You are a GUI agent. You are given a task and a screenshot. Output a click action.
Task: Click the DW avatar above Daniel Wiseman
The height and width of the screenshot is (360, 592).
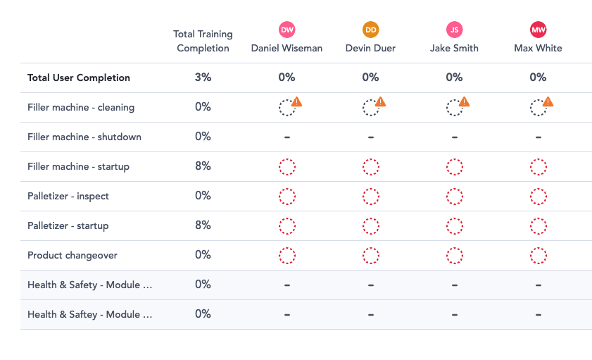pyautogui.click(x=286, y=30)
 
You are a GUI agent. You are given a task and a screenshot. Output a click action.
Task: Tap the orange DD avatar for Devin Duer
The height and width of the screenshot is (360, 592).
pyautogui.click(x=371, y=30)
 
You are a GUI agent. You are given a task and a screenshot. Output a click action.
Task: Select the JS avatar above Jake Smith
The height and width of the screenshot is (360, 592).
pyautogui.click(x=455, y=30)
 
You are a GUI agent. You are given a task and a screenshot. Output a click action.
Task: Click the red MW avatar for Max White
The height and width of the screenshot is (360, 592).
pyautogui.click(x=539, y=30)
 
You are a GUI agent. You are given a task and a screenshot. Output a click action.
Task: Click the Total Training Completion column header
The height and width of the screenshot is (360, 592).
pyautogui.click(x=203, y=41)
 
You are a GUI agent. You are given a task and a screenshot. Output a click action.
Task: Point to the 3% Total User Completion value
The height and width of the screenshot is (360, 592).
pyautogui.click(x=203, y=77)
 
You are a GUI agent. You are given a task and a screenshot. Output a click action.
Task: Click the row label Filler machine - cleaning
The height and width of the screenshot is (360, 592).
pyautogui.click(x=81, y=107)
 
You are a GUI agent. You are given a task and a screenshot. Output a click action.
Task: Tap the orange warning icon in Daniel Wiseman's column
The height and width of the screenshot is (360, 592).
pyautogui.click(x=296, y=102)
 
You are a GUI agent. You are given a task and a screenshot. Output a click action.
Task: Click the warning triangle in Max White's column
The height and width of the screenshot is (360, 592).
pyautogui.click(x=548, y=102)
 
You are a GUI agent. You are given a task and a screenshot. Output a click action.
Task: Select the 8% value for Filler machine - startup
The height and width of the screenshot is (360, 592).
pyautogui.click(x=203, y=166)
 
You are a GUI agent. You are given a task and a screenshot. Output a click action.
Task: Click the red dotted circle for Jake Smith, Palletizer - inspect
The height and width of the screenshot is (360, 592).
pyautogui.click(x=455, y=197)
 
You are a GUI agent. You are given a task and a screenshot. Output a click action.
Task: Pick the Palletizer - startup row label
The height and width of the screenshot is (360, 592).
pyautogui.click(x=68, y=225)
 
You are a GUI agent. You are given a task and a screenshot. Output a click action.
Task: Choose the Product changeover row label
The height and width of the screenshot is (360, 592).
pyautogui.click(x=73, y=255)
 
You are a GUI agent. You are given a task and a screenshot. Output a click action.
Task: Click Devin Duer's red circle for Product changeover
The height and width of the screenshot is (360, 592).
pyautogui.click(x=371, y=256)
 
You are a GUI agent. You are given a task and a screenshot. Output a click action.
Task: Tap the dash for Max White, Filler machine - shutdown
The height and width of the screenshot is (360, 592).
pyautogui.click(x=539, y=137)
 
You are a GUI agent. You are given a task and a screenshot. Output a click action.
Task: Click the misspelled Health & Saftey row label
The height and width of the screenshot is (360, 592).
pyautogui.click(x=89, y=314)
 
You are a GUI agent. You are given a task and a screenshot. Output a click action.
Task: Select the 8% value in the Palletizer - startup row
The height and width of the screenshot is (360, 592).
pyautogui.click(x=203, y=225)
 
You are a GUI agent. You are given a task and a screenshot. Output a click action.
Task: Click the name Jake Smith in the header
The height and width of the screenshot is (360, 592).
pyautogui.click(x=455, y=48)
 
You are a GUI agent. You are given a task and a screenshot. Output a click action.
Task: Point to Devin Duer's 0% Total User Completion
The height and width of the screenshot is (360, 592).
pyautogui.click(x=371, y=77)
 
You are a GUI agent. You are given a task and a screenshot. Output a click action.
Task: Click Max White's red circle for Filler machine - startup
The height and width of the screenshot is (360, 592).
pyautogui.click(x=539, y=167)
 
